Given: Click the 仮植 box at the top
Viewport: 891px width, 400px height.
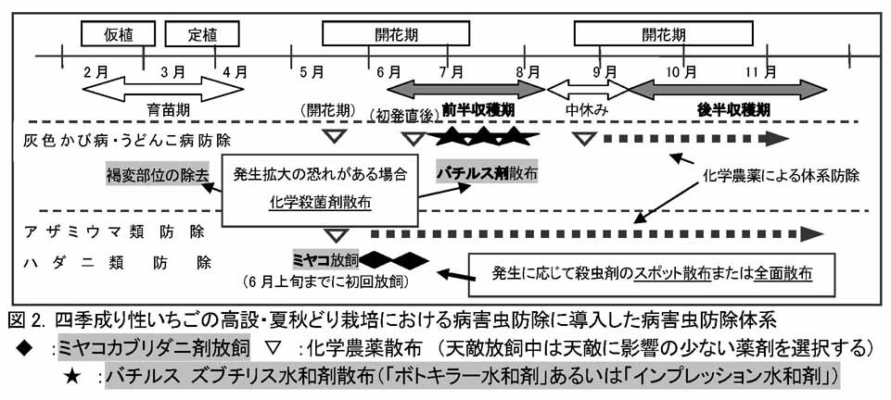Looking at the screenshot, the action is tap(118, 34).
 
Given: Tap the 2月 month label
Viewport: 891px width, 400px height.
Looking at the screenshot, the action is tap(95, 72).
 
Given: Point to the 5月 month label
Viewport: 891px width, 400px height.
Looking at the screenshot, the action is tap(311, 72).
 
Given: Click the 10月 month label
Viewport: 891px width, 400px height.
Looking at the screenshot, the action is tap(681, 72).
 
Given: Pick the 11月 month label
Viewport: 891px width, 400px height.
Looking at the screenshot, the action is tap(761, 72).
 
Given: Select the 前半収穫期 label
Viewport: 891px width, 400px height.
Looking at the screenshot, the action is tap(478, 111).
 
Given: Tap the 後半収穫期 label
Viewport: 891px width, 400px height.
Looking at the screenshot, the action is tap(733, 110).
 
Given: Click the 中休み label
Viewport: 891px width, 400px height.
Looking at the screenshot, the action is tap(587, 110).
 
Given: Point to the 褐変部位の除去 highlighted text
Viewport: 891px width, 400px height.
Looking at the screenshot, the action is tap(156, 175).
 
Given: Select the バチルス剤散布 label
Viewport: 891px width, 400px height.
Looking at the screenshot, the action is tap(487, 174).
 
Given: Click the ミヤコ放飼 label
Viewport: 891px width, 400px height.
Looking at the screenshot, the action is tap(325, 260).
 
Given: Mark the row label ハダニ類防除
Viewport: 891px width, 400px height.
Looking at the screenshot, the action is tap(114, 263).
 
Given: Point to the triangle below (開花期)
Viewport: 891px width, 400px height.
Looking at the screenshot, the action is tap(333, 137).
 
